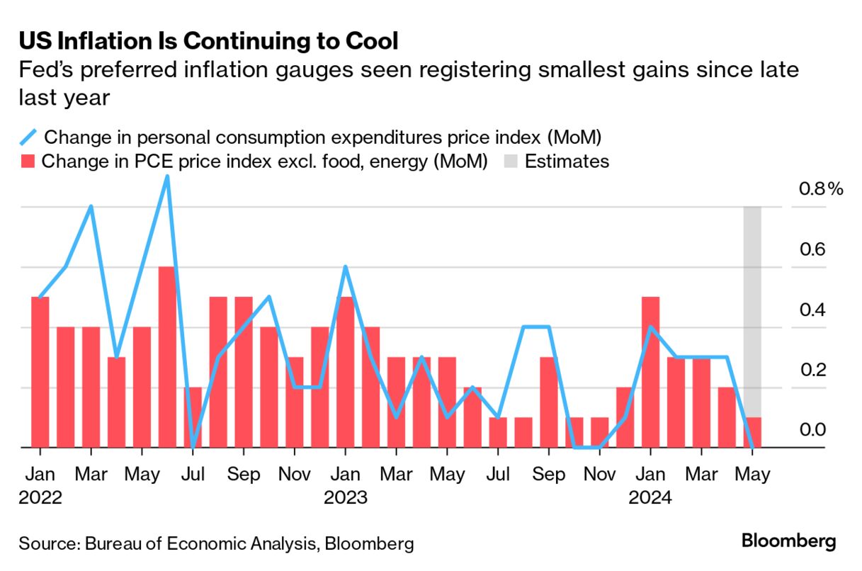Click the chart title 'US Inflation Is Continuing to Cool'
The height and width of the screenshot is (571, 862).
[208, 40]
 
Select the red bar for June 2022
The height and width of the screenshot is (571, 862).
[167, 358]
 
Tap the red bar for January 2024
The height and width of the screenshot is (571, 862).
[650, 373]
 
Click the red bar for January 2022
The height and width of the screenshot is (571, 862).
[40, 373]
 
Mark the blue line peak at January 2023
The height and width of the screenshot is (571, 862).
[345, 268]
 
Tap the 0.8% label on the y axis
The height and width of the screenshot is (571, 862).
[821, 189]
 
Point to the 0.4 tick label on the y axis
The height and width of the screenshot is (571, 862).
[813, 310]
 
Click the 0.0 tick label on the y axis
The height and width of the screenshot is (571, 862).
[813, 430]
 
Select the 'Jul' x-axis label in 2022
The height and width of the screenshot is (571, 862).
[193, 474]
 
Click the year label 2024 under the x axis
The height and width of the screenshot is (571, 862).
[650, 497]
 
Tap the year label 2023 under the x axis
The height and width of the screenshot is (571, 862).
[345, 497]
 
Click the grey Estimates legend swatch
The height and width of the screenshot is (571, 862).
[511, 162]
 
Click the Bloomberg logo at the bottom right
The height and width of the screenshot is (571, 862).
[788, 542]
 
